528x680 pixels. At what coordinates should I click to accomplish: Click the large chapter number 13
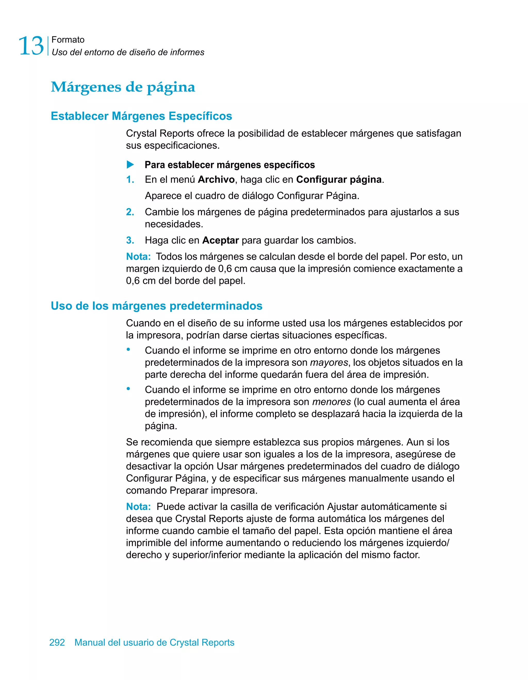coord(31,46)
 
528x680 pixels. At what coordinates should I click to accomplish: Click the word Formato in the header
coord(68,39)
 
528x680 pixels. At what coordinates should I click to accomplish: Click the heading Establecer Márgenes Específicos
coord(141,116)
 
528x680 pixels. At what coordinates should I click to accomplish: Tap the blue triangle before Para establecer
coord(130,164)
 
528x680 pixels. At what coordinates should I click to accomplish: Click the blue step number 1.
coord(130,179)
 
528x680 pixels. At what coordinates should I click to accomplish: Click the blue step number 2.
coord(130,212)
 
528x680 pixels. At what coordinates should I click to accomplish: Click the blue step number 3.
coord(130,240)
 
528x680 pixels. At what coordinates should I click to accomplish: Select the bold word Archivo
coord(216,179)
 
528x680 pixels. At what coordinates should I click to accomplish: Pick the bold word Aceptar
coord(220,240)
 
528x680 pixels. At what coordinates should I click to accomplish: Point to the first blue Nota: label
coord(138,256)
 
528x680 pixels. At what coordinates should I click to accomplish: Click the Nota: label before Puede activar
coord(138,507)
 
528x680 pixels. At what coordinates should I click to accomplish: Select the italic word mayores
coord(329,362)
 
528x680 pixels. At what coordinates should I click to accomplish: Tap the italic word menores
coord(331,402)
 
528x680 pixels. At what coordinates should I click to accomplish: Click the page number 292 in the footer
coord(57,642)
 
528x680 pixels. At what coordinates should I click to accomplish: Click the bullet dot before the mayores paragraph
coord(128,349)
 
